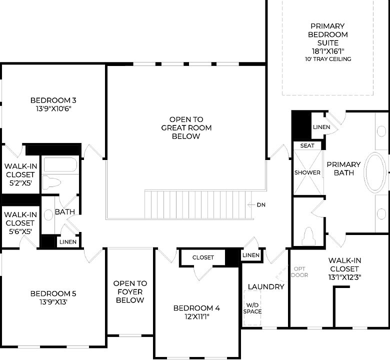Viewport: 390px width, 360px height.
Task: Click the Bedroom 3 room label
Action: [x=53, y=99]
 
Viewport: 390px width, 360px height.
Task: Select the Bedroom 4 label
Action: [x=196, y=308]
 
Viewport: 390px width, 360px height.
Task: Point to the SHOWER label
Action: [x=307, y=172]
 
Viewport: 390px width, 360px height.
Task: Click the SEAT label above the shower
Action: [x=307, y=145]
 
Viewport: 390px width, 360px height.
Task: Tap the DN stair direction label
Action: [x=261, y=204]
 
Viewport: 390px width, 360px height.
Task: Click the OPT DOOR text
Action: [x=299, y=272]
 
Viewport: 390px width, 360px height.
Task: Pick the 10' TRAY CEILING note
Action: [x=328, y=59]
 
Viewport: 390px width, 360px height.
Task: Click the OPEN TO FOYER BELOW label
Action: [x=130, y=291]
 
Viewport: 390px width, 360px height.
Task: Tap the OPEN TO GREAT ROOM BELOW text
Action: [x=186, y=127]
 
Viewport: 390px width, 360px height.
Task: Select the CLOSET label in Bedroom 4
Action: [x=203, y=257]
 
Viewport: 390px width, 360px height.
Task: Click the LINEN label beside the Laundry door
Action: [x=251, y=255]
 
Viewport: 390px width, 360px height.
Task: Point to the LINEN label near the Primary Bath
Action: [x=321, y=127]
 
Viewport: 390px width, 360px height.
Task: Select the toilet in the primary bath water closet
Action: [x=308, y=235]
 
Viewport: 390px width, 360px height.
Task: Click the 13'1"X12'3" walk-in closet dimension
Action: [x=345, y=276]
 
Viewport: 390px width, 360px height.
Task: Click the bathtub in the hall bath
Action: [x=59, y=164]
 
